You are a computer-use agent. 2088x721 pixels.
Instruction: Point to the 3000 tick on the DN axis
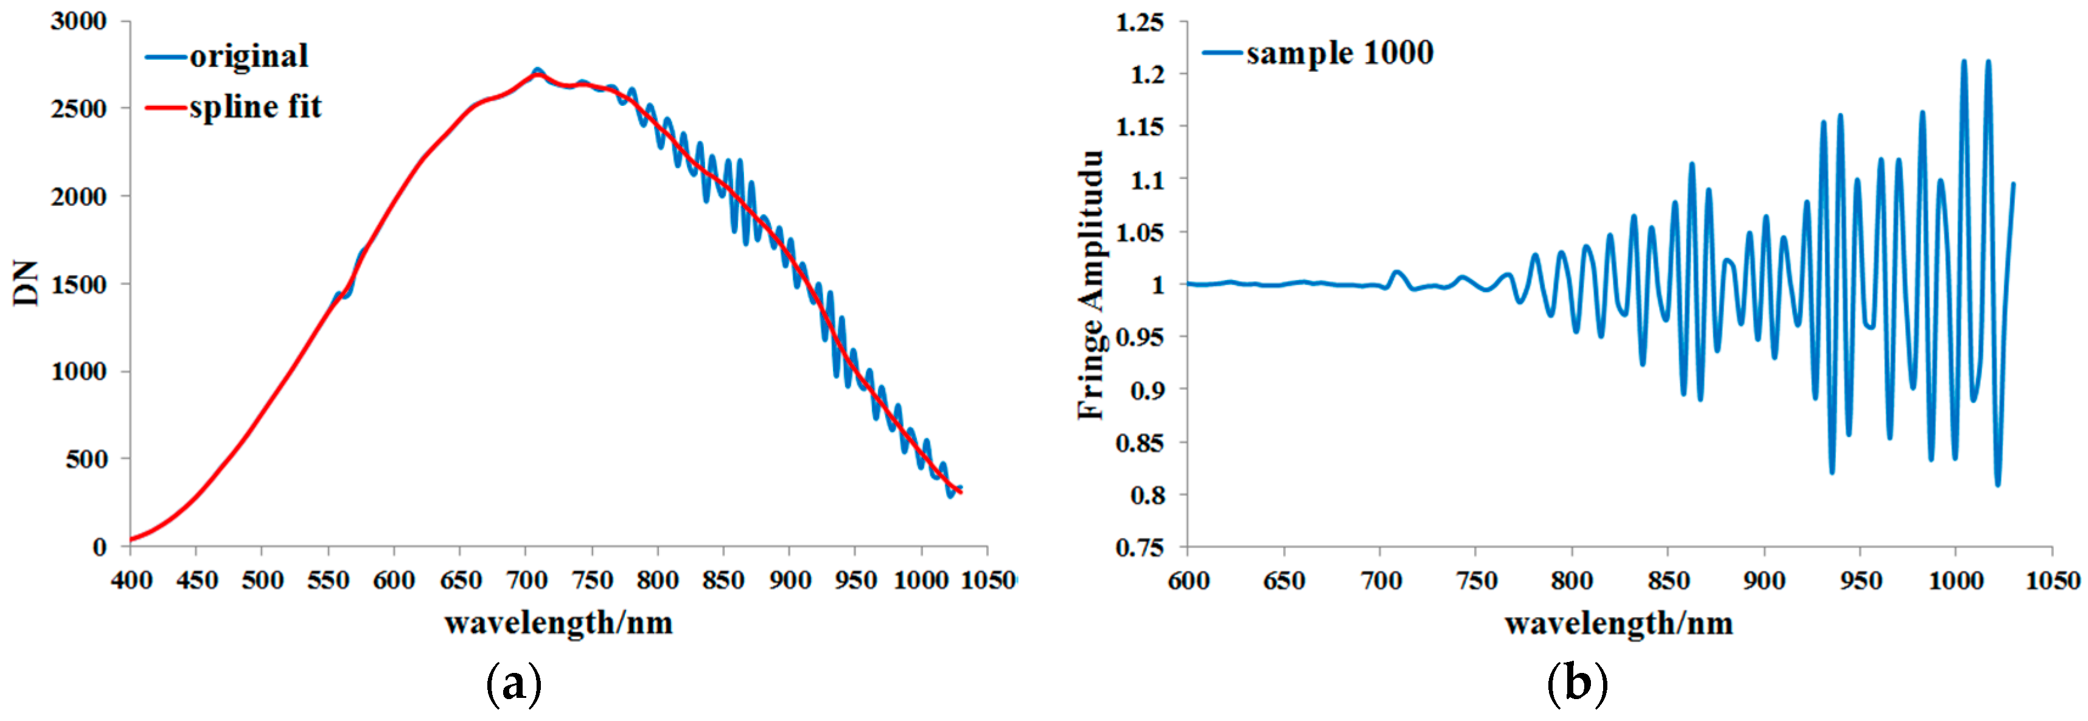(78, 21)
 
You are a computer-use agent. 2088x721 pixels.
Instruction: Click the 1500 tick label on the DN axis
(78, 285)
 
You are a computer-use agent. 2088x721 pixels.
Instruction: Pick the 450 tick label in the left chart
(197, 580)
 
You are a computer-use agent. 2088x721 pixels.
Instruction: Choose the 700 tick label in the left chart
(527, 580)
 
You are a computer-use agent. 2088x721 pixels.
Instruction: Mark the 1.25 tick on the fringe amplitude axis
(1140, 23)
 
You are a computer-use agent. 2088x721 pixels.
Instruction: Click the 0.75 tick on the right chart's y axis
(1140, 548)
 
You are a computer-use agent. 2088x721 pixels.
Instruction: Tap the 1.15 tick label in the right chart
(1140, 127)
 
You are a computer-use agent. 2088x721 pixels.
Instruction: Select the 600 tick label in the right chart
(1188, 580)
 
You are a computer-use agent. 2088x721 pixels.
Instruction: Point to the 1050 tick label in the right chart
(2052, 580)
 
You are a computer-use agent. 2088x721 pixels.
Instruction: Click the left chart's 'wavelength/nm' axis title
(559, 623)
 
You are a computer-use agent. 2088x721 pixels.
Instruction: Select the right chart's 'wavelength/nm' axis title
(1619, 623)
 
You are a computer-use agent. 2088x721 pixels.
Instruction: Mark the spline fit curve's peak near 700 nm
(537, 75)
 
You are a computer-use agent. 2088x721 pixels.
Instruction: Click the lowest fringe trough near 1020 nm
(1997, 484)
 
